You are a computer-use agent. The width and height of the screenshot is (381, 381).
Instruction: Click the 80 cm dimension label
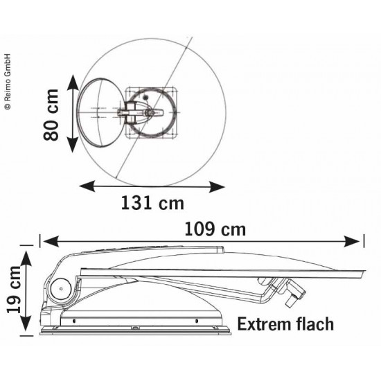51,115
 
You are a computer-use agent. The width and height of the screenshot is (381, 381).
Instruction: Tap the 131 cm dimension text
152,203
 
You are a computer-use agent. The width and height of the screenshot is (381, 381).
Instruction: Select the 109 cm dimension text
215,229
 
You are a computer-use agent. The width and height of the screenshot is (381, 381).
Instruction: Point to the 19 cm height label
14,290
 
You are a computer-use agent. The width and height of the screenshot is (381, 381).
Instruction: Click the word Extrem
265,324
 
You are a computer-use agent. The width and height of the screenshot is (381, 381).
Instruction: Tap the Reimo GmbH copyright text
8,82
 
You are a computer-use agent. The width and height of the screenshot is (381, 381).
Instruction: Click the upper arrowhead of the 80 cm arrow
73,82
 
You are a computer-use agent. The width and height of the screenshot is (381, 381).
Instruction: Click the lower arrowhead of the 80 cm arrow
73,145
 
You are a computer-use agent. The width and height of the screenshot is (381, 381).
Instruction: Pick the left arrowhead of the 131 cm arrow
87,186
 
